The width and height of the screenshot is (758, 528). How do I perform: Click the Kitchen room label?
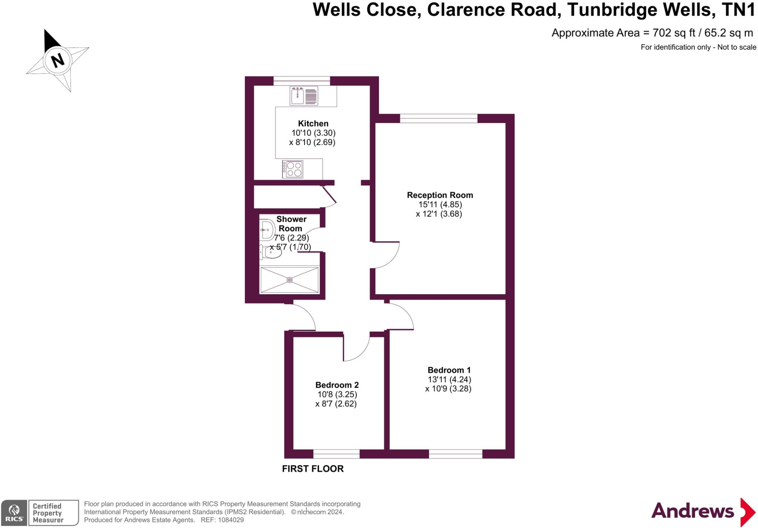tap(313, 124)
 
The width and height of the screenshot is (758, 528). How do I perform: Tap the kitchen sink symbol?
tap(304, 96)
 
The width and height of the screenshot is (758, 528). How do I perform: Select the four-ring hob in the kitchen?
tap(293, 169)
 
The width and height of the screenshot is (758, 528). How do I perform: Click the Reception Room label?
tap(440, 195)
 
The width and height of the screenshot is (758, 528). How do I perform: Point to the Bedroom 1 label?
tap(449, 370)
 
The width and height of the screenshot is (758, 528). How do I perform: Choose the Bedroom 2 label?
tap(337, 385)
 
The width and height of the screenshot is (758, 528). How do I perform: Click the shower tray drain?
tap(289, 280)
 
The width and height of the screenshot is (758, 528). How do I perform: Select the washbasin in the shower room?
tap(266, 230)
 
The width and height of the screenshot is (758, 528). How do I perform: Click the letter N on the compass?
tap(57, 60)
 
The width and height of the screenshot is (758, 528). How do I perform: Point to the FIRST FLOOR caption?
tap(313, 469)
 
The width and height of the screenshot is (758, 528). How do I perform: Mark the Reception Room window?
tap(439, 118)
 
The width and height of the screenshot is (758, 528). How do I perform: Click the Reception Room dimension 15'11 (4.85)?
tap(440, 205)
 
